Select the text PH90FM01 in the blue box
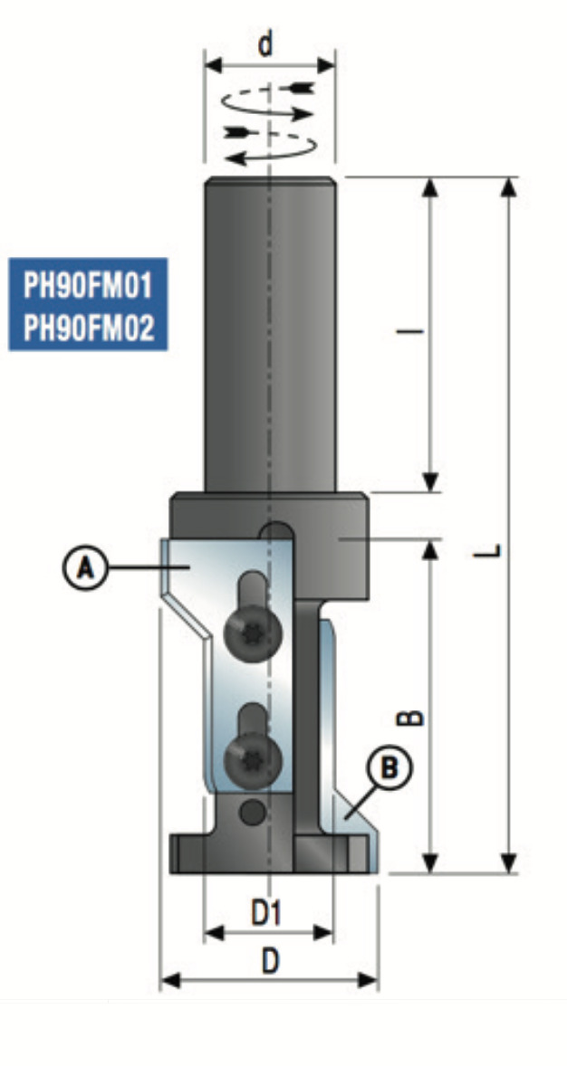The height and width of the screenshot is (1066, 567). tap(88, 286)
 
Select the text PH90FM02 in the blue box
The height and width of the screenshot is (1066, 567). tap(88, 329)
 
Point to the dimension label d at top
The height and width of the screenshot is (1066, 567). tap(266, 45)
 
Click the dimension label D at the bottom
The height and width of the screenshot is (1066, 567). tap(270, 961)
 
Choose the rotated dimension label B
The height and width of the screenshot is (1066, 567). tap(411, 718)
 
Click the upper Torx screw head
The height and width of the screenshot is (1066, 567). tap(253, 634)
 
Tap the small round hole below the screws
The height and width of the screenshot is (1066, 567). tap(254, 811)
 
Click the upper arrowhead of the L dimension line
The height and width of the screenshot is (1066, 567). tap(508, 187)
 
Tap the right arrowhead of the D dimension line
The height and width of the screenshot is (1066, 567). tap(368, 980)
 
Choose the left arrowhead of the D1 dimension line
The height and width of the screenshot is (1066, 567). tap(215, 933)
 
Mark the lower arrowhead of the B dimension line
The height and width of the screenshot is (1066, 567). tap(429, 863)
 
